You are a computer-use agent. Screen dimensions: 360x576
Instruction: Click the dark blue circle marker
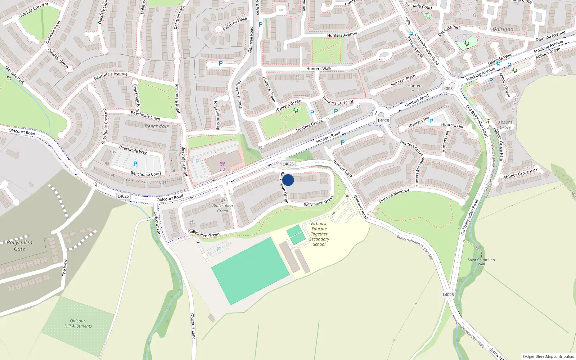pyautogui.click(x=288, y=180)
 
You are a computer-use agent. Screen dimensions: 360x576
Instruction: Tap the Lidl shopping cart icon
pyautogui.click(x=222, y=164)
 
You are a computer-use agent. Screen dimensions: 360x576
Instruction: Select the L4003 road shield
pyautogui.click(x=447, y=89)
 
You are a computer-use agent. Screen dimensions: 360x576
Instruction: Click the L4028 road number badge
pyautogui.click(x=383, y=121)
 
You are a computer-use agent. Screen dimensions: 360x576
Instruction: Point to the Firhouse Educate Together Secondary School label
pyautogui.click(x=319, y=234)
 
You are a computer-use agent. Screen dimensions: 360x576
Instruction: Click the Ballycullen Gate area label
pyautogui.click(x=19, y=246)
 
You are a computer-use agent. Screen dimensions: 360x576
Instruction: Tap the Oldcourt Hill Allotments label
pyautogui.click(x=78, y=323)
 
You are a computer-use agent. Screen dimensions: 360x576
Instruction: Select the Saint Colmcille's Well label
pyautogui.click(x=481, y=262)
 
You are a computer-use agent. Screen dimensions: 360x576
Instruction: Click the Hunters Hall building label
pyautogui.click(x=415, y=88)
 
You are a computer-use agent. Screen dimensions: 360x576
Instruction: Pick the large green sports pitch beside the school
pyautogui.click(x=251, y=271)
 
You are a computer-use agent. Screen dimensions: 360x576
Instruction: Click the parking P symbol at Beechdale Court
pyautogui.click(x=135, y=164)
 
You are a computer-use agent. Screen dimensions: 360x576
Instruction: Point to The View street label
pyautogui.click(x=64, y=267)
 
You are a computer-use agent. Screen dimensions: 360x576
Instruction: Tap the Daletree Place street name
pyautogui.click(x=235, y=24)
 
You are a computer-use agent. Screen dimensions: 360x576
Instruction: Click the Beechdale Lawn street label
pyautogui.click(x=145, y=116)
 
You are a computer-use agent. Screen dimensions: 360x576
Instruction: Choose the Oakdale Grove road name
pyautogui.click(x=58, y=58)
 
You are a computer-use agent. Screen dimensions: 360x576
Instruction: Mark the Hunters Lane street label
pyautogui.click(x=342, y=168)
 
